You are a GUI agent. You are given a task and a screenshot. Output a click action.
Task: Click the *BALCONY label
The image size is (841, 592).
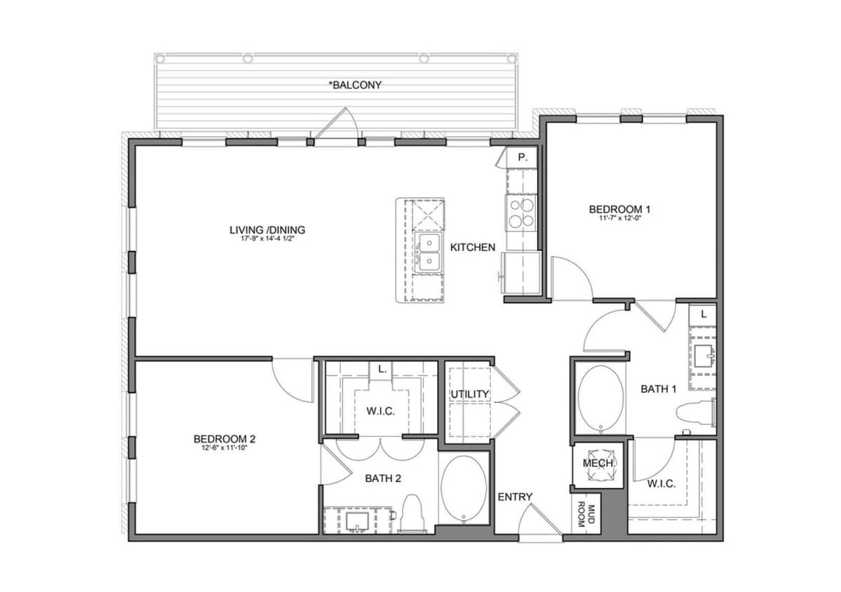(x=355, y=85)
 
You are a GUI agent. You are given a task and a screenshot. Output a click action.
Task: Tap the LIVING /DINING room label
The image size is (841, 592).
(x=267, y=229)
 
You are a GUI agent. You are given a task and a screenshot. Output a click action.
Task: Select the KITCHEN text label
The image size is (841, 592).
(x=473, y=247)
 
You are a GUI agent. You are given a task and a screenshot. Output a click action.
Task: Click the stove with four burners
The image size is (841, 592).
(x=521, y=213)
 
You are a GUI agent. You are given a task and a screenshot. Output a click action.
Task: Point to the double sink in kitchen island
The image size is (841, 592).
(x=427, y=253)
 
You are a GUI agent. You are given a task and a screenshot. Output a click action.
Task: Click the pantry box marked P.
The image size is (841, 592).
(x=523, y=158)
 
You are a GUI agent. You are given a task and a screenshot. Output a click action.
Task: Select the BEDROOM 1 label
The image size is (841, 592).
(x=619, y=208)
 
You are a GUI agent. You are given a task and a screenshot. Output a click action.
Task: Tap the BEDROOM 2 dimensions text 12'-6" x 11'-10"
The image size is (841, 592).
(x=224, y=448)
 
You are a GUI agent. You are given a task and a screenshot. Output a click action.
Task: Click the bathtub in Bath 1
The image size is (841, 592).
(x=600, y=398)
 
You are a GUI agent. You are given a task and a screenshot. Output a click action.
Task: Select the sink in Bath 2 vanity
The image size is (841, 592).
(x=358, y=520)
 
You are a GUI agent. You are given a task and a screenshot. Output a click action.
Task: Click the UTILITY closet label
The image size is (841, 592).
(x=469, y=394)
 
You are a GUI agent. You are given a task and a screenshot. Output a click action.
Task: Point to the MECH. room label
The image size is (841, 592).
(x=599, y=464)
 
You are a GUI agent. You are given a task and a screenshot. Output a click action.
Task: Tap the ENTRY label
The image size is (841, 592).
(x=515, y=497)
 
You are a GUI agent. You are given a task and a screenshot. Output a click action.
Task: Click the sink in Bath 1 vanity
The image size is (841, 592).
(x=703, y=357)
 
